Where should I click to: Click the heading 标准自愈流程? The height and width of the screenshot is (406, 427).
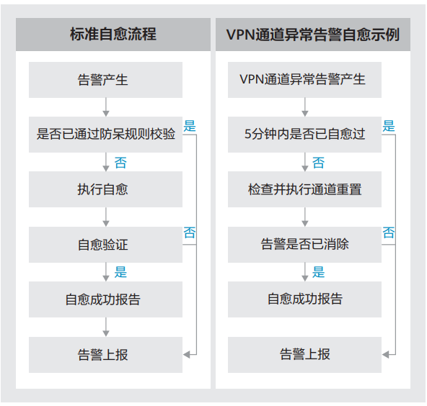click(x=113, y=35)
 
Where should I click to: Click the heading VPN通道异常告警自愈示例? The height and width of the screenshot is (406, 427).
click(x=313, y=35)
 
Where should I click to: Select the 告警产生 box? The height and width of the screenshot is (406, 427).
click(x=105, y=80)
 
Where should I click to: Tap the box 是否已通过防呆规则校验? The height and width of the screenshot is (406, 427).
click(x=105, y=135)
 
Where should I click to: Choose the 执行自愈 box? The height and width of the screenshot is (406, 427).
click(x=105, y=189)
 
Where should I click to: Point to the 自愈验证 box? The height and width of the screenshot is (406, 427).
click(x=105, y=245)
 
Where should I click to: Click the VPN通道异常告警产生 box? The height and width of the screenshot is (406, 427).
click(x=304, y=80)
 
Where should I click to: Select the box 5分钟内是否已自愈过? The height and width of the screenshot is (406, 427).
click(x=304, y=135)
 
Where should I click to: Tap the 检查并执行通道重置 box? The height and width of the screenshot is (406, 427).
click(x=304, y=189)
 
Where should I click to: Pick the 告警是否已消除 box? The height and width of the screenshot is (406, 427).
click(x=304, y=245)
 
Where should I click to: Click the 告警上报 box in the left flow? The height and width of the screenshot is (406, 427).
click(x=105, y=355)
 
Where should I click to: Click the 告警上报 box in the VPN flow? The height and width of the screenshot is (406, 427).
click(x=304, y=355)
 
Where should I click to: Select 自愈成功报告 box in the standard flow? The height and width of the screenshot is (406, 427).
click(x=105, y=299)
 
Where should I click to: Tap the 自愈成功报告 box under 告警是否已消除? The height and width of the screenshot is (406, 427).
click(x=304, y=299)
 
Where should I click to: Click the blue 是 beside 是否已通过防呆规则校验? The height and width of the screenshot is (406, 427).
click(x=190, y=126)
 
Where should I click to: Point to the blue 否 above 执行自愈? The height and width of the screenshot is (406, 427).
click(x=120, y=163)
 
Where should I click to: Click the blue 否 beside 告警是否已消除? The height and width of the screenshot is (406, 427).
click(x=389, y=233)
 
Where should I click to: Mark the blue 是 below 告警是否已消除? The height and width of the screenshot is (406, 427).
click(x=318, y=272)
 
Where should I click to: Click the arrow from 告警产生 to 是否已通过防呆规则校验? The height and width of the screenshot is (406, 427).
click(x=106, y=107)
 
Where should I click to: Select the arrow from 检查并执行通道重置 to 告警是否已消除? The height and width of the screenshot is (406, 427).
click(x=305, y=217)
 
